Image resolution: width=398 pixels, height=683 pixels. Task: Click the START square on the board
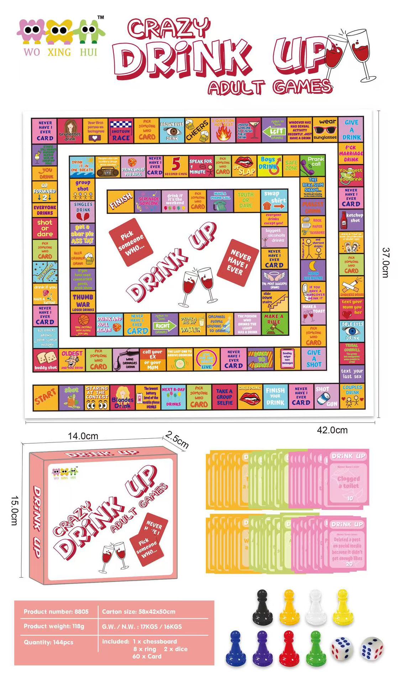(x=45, y=397)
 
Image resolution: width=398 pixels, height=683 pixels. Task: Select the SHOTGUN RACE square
(x=121, y=131)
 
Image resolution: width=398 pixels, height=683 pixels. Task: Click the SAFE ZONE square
(x=291, y=165)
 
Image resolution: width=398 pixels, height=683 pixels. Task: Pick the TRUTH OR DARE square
(x=246, y=200)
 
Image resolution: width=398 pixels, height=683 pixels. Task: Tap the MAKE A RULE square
(x=274, y=323)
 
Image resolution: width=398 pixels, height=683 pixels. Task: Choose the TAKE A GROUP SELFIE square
(x=224, y=397)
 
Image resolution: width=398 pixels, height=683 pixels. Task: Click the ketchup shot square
(x=351, y=221)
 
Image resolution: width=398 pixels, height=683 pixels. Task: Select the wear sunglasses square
(x=325, y=130)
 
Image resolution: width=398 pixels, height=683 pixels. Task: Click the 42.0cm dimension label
(x=332, y=430)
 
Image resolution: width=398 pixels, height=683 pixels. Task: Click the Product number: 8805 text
(x=56, y=611)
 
